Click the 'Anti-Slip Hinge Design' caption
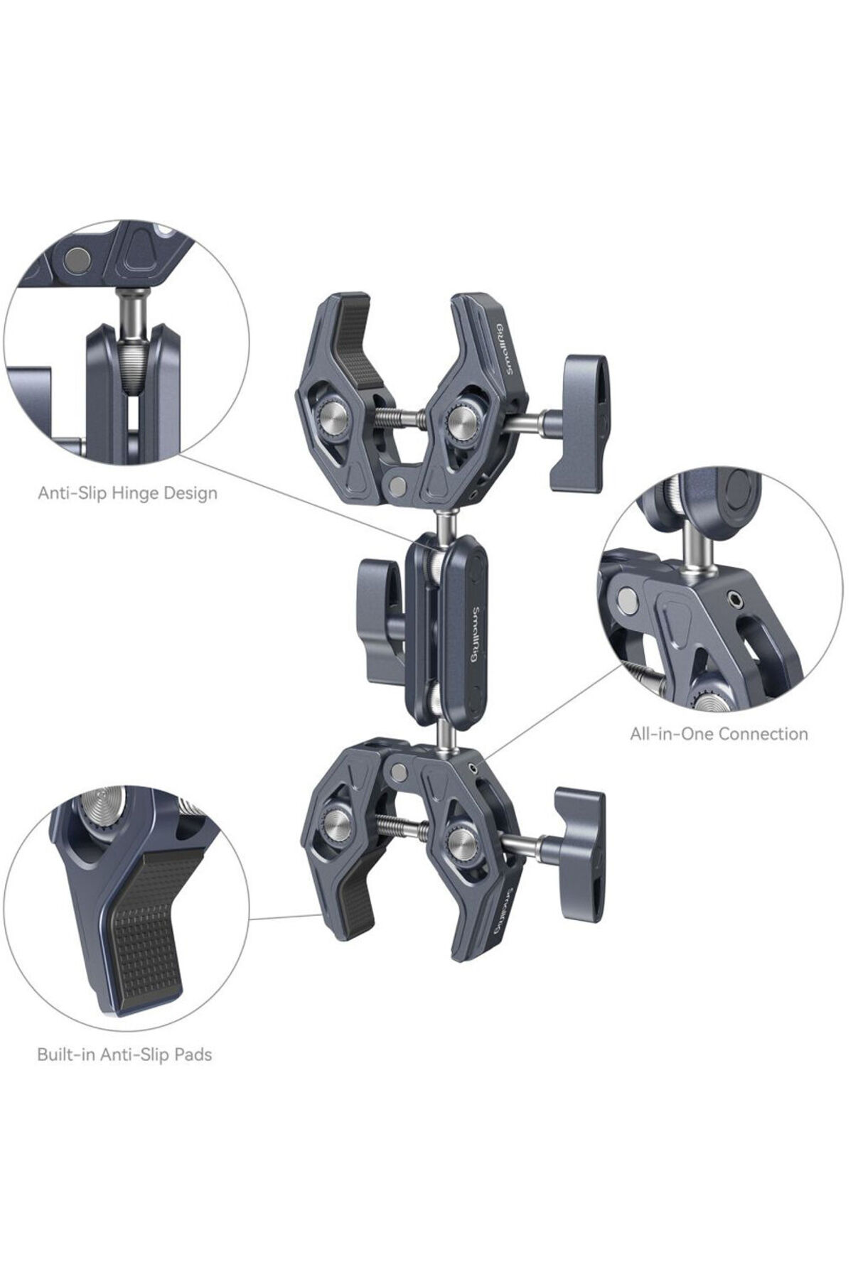click(127, 492)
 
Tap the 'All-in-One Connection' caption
click(719, 733)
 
